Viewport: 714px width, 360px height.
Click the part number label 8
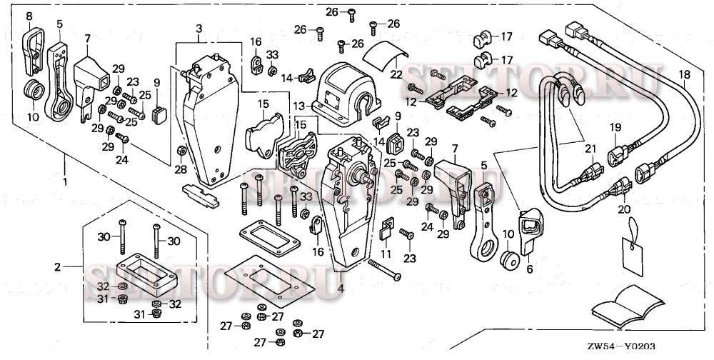(x=29, y=16)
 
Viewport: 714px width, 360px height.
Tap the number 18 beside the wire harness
(x=684, y=74)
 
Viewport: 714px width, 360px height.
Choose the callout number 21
(x=590, y=148)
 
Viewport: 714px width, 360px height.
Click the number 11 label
(x=386, y=254)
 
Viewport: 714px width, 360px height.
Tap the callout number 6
(x=529, y=270)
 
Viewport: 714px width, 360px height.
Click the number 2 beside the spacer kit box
(x=58, y=268)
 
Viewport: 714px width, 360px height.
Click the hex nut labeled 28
(x=181, y=151)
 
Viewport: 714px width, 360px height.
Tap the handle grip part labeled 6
(x=529, y=232)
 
